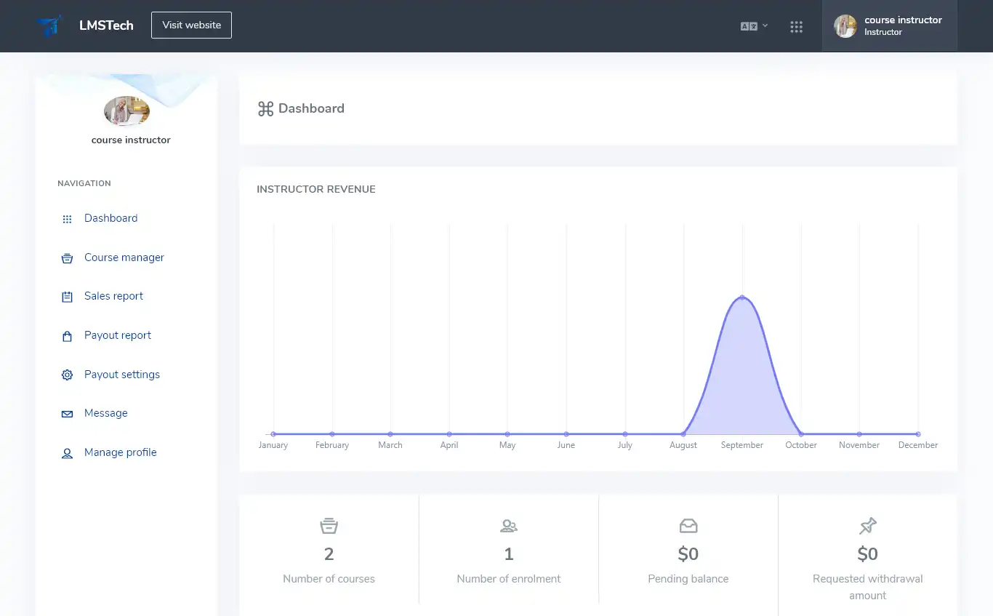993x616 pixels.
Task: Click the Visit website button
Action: click(x=191, y=25)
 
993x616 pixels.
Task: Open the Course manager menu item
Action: click(x=124, y=257)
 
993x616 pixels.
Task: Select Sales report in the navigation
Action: click(x=113, y=296)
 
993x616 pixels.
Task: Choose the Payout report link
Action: click(x=118, y=335)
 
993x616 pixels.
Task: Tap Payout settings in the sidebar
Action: click(x=121, y=375)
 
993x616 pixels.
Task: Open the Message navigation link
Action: click(x=105, y=413)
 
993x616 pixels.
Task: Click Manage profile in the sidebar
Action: click(x=120, y=452)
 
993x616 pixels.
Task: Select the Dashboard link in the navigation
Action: click(x=110, y=218)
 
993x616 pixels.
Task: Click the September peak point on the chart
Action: click(x=742, y=297)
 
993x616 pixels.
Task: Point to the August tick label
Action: click(x=683, y=445)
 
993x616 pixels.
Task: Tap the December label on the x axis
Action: click(x=917, y=445)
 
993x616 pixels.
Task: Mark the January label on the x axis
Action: click(x=273, y=445)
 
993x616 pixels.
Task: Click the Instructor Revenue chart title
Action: click(x=316, y=189)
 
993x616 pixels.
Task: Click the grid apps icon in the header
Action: click(x=796, y=27)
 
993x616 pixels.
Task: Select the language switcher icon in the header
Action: click(x=753, y=26)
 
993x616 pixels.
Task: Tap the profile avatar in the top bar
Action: click(x=845, y=26)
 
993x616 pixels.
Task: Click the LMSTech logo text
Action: click(x=106, y=25)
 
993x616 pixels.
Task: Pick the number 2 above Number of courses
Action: click(x=329, y=554)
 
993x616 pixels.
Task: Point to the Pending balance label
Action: click(x=688, y=579)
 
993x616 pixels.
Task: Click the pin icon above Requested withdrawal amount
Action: click(x=867, y=526)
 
